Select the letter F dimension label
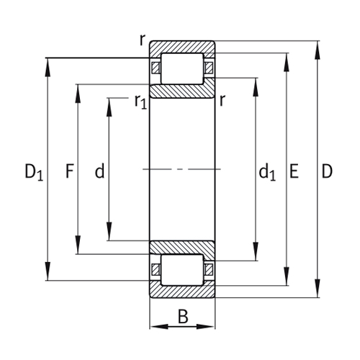click(x=69, y=171)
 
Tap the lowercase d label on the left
click(x=99, y=171)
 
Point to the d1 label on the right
click(x=267, y=172)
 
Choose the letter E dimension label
click(x=294, y=171)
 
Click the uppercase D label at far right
click(x=327, y=171)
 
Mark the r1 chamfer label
click(x=140, y=102)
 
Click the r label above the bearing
click(x=143, y=40)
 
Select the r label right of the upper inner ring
click(x=222, y=101)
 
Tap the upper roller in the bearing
click(x=182, y=68)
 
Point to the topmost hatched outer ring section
click(x=182, y=46)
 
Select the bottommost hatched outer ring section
click(x=182, y=292)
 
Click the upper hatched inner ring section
click(x=182, y=91)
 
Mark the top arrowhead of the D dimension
click(x=318, y=46)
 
